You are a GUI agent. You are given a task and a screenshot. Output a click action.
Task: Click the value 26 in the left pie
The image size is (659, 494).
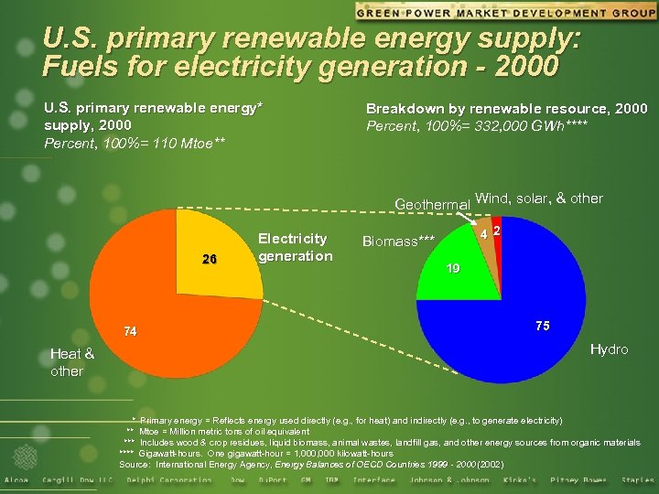tap(210, 259)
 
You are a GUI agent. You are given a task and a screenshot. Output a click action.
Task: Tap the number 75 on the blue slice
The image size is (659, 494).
tap(542, 327)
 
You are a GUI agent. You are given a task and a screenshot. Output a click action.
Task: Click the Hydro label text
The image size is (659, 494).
tap(609, 349)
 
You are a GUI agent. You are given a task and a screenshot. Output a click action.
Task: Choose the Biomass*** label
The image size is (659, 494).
tap(399, 242)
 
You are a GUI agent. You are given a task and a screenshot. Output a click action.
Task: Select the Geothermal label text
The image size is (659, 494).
tap(432, 203)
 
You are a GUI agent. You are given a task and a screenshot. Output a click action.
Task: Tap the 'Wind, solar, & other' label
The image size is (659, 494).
tap(539, 199)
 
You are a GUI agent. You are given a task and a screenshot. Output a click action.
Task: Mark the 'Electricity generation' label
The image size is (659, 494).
tap(296, 247)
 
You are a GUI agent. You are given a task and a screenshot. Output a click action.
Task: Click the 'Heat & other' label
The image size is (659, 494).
tap(71, 362)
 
